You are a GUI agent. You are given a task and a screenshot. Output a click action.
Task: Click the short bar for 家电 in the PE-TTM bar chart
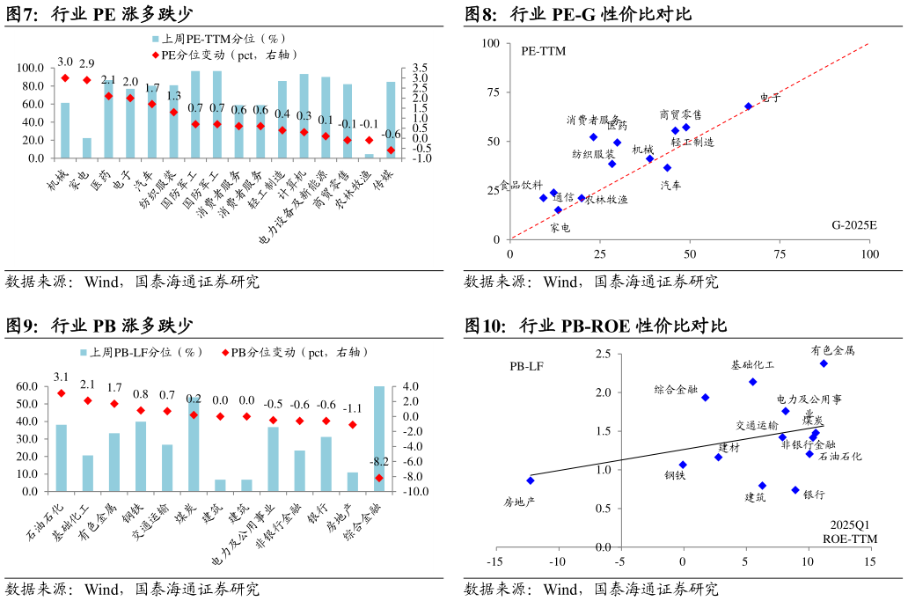pos(86,148)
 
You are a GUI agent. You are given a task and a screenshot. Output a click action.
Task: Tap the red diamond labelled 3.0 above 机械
pos(65,78)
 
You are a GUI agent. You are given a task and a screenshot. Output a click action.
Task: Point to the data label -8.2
pos(379,462)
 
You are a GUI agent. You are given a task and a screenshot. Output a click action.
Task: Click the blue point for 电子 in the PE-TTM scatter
pos(749,106)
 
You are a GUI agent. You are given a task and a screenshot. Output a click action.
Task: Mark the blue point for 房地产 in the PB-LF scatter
pos(531,480)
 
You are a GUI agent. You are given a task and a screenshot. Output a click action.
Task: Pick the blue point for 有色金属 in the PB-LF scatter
pos(824,363)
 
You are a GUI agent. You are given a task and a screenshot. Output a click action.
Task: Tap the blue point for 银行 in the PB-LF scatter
pos(795,490)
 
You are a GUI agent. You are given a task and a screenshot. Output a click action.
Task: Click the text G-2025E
pos(854,225)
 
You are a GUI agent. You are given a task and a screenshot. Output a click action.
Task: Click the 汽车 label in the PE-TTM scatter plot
pos(670,186)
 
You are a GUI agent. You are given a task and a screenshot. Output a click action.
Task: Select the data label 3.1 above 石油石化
pos(62,377)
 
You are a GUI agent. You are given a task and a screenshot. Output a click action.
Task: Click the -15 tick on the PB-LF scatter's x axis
pos(495,561)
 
